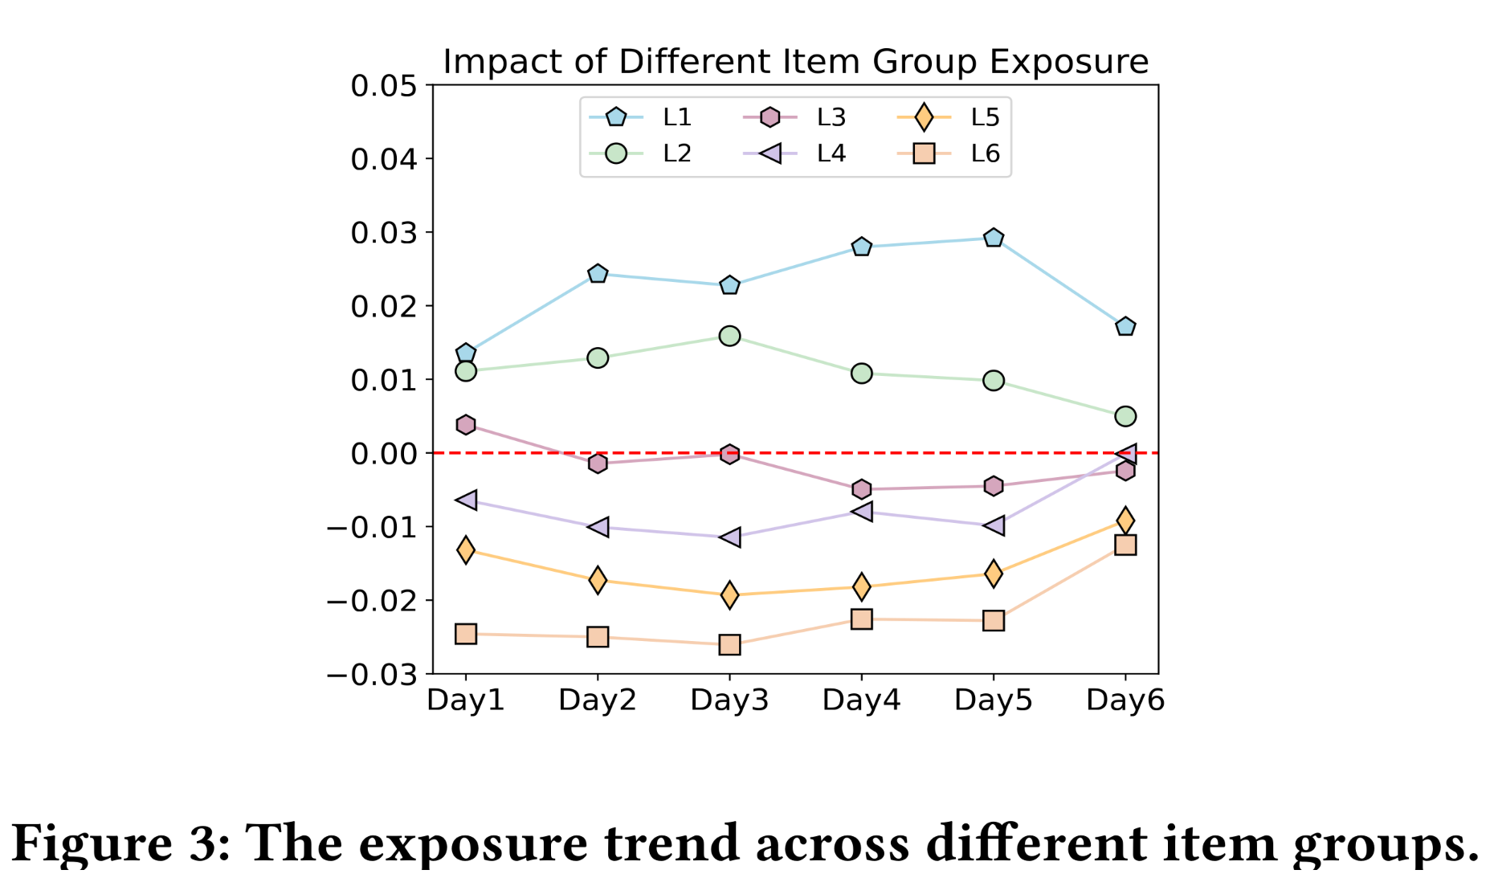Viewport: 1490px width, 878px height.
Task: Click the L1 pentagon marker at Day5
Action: click(994, 238)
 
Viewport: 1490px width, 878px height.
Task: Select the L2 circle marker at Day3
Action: click(729, 336)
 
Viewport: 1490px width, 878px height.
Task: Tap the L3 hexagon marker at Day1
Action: click(466, 424)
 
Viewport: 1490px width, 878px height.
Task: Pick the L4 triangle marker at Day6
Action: click(1125, 454)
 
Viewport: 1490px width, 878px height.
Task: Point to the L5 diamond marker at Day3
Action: click(729, 595)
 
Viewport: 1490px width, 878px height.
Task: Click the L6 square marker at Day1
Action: click(466, 634)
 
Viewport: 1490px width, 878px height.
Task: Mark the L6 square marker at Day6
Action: click(1125, 545)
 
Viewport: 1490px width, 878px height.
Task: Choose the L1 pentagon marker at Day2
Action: click(598, 274)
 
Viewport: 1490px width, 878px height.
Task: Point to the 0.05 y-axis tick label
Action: click(384, 86)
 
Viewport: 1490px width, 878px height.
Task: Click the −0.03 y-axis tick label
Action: click(372, 675)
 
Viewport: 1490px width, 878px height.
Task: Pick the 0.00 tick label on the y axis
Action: click(384, 454)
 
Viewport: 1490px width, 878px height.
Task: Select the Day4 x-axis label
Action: click(861, 700)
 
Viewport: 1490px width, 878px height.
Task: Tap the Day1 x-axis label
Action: click(466, 700)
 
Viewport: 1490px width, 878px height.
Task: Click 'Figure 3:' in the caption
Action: click(120, 843)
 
